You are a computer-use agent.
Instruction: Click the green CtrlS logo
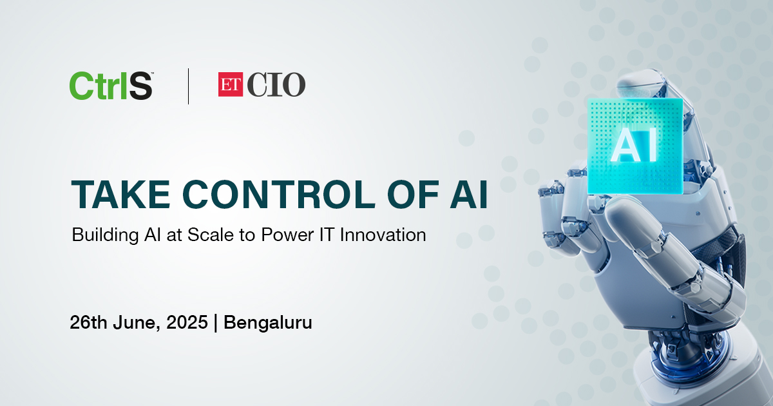click(x=111, y=86)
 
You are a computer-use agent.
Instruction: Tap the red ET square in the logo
click(x=231, y=84)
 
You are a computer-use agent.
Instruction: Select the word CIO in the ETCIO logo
click(x=276, y=84)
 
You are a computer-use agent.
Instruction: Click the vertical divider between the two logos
click(x=188, y=86)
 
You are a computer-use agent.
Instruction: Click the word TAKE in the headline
click(x=120, y=195)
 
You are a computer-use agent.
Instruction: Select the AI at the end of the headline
click(x=469, y=195)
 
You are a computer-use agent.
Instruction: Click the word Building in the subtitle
click(x=105, y=236)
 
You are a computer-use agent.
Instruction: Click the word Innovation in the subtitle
click(x=383, y=235)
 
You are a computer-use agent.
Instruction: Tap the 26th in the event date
click(x=88, y=322)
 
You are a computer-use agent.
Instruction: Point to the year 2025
click(x=187, y=322)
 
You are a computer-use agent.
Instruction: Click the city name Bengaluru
click(x=268, y=323)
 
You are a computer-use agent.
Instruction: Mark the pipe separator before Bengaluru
click(x=216, y=323)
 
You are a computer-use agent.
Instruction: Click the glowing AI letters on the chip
click(x=634, y=148)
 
